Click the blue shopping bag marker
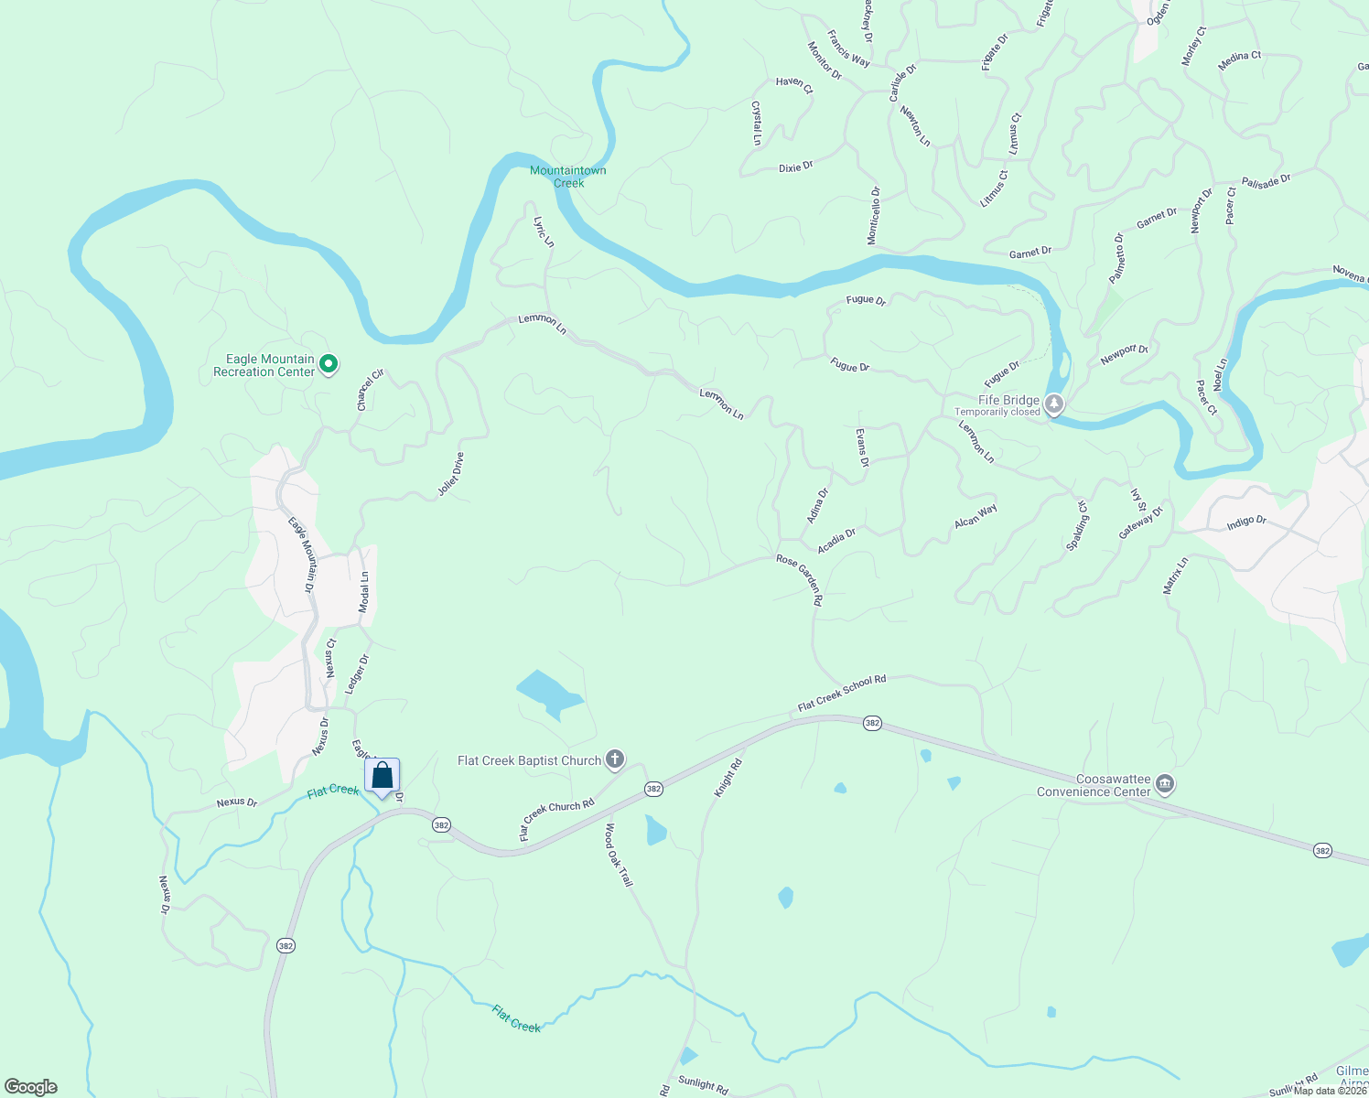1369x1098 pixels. [383, 776]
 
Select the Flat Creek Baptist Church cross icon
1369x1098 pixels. [615, 759]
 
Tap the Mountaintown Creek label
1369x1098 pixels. [567, 177]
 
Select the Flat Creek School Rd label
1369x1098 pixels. [842, 694]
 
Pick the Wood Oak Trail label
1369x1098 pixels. [619, 855]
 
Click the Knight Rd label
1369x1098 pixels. [728, 777]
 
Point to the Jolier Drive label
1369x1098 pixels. [451, 474]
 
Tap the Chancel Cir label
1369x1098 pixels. [371, 390]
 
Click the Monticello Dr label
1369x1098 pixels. [874, 215]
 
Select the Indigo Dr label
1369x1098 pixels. [1246, 522]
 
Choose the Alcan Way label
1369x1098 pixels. [976, 516]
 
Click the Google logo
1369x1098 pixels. [31, 1087]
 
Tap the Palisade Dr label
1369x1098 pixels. [1266, 182]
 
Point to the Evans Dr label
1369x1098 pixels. [862, 447]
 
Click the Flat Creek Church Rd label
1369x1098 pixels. [556, 818]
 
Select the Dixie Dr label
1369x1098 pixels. [795, 167]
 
